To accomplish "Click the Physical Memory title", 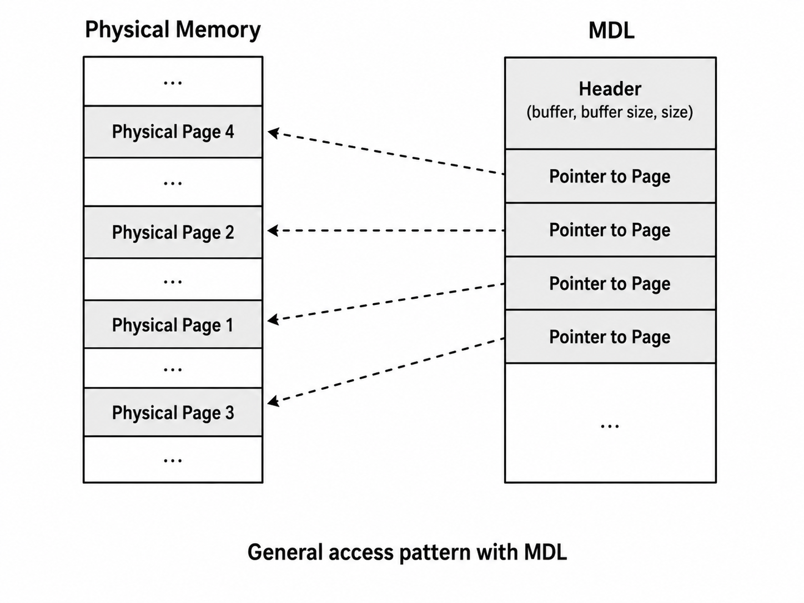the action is (x=173, y=30).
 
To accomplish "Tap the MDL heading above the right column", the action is (x=611, y=31).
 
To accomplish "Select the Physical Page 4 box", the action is (x=173, y=132).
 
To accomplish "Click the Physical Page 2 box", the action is (x=173, y=232).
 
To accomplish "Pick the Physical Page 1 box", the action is (x=173, y=324).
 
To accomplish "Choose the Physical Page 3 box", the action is (x=173, y=412).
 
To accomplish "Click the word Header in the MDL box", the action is (x=610, y=89).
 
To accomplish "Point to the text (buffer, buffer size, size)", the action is (x=610, y=112).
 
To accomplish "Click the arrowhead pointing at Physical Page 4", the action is (x=273, y=133).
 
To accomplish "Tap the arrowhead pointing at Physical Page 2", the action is (x=273, y=230).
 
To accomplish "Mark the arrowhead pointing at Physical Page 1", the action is (x=273, y=320).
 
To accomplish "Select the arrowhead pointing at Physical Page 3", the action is (x=273, y=401).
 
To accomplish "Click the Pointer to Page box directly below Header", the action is (x=610, y=176).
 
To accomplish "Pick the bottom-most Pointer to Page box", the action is (x=610, y=337).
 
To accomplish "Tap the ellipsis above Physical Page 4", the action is (x=173, y=83).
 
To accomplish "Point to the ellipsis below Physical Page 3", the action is (x=173, y=461).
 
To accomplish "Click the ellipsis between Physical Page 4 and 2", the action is (x=173, y=183).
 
